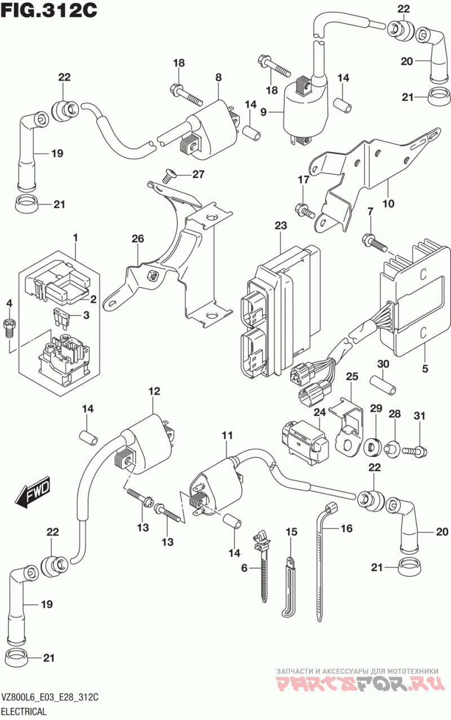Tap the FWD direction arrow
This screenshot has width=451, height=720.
pyautogui.click(x=33, y=491)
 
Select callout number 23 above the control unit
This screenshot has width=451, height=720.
pyautogui.click(x=281, y=226)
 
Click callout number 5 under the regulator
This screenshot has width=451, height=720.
pyautogui.click(x=425, y=369)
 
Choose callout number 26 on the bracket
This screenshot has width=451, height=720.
pyautogui.click(x=138, y=239)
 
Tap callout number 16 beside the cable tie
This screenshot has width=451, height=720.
pyautogui.click(x=346, y=528)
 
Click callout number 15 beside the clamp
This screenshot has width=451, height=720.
pyautogui.click(x=290, y=531)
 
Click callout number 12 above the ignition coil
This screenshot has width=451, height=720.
pyautogui.click(x=154, y=390)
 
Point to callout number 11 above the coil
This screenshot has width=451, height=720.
pyautogui.click(x=227, y=435)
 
